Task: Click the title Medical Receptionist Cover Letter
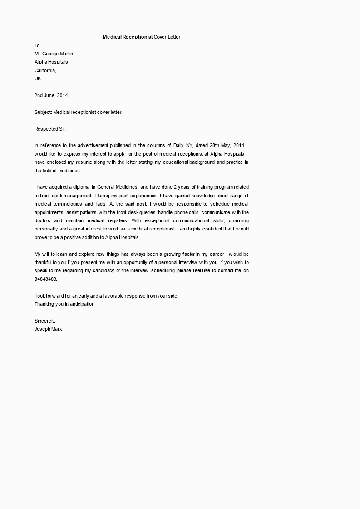tap(141, 37)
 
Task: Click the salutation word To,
tap(38, 45)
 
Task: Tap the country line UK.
tap(38, 78)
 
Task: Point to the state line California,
tap(45, 70)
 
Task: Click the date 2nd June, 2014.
tap(52, 95)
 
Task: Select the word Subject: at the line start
tap(44, 112)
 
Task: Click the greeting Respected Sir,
tap(50, 129)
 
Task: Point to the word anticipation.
tap(82, 304)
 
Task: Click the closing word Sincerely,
tap(44, 321)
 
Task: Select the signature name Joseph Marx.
tap(49, 329)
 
